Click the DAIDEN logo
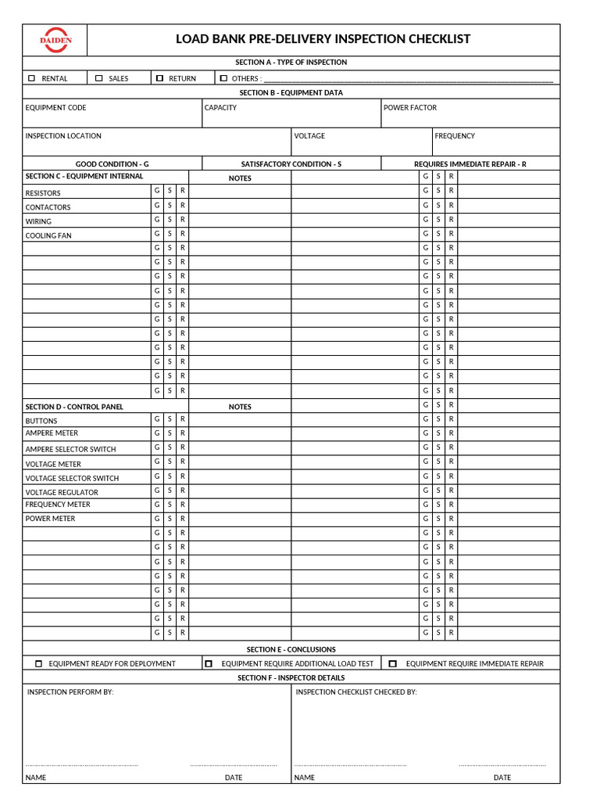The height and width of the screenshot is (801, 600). pyautogui.click(x=55, y=40)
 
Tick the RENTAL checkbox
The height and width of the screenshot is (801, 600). pyautogui.click(x=31, y=78)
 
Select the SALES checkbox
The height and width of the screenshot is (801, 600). pyautogui.click(x=99, y=78)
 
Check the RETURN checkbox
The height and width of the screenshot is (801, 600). pyautogui.click(x=159, y=78)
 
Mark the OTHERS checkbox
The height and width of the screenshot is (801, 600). pyautogui.click(x=223, y=78)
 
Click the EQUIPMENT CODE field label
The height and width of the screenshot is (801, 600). pyautogui.click(x=55, y=108)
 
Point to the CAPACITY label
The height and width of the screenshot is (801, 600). pyautogui.click(x=220, y=108)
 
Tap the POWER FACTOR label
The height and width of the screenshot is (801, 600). pyautogui.click(x=410, y=108)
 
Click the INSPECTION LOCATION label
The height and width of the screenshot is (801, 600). pyautogui.click(x=63, y=136)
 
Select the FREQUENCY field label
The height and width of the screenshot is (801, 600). pyautogui.click(x=455, y=136)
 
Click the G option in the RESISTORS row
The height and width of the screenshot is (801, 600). pyautogui.click(x=156, y=191)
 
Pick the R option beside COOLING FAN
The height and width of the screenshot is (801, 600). pyautogui.click(x=182, y=234)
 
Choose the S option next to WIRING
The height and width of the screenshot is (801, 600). pyautogui.click(x=170, y=220)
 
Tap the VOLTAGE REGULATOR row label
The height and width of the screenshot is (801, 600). pyautogui.click(x=62, y=493)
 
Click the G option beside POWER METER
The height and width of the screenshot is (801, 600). pyautogui.click(x=156, y=519)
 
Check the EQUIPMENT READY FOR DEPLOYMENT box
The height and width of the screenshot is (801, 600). pyautogui.click(x=39, y=663)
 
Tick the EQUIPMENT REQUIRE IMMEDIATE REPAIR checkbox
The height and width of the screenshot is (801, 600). pyautogui.click(x=393, y=663)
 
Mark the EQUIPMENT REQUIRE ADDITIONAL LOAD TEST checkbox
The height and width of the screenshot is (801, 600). pyautogui.click(x=209, y=663)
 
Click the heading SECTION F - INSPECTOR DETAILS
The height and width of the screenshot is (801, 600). pyautogui.click(x=291, y=678)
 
